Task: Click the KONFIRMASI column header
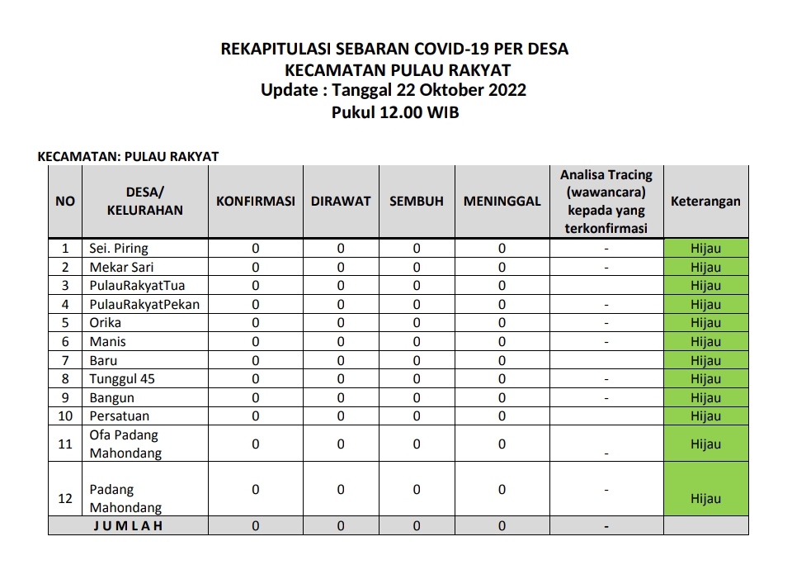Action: tap(256, 202)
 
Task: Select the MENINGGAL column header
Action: tap(502, 202)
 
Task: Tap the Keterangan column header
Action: tap(705, 202)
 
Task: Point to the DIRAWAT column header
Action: tap(341, 202)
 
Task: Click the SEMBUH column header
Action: tap(417, 202)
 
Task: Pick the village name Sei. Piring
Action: tap(119, 249)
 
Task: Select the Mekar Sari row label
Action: tap(121, 267)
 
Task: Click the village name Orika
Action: tap(105, 323)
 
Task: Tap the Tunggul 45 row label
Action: tap(122, 379)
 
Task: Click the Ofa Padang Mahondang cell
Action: tap(125, 444)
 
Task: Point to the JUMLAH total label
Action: tap(128, 525)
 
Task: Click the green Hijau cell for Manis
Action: tap(705, 342)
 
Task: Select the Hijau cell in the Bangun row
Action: tap(705, 398)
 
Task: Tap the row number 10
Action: tap(64, 416)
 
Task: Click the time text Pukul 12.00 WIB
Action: tap(395, 112)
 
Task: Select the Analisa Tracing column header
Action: tap(606, 202)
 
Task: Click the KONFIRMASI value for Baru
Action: tap(256, 360)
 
